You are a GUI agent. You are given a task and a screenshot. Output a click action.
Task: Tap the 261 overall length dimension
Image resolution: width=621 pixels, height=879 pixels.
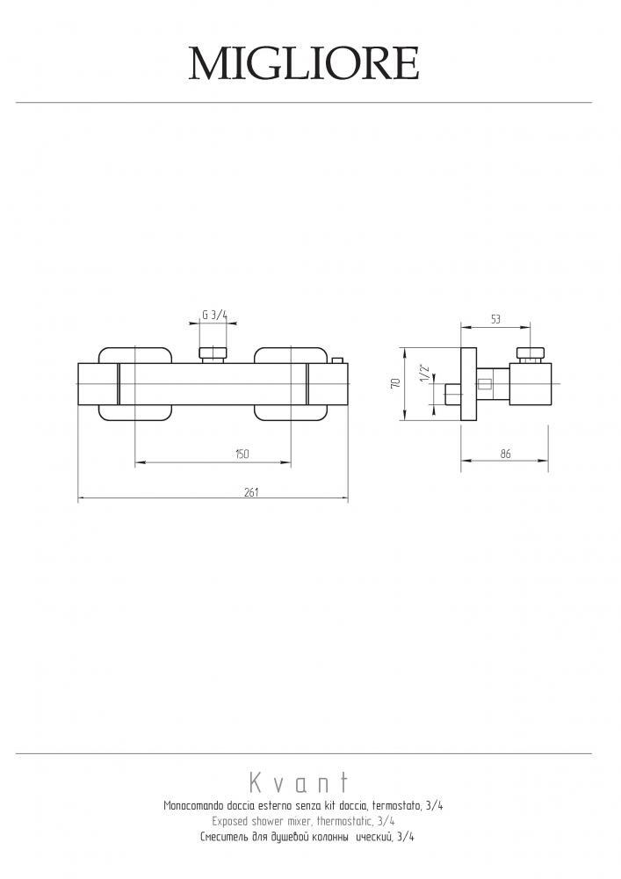tap(252, 492)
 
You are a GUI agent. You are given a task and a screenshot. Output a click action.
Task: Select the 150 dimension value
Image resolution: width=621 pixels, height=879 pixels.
tap(242, 454)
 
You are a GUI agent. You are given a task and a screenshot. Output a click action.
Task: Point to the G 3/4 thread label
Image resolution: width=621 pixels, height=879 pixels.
tap(215, 315)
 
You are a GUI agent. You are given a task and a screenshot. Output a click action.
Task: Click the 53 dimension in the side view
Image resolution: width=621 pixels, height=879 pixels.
tap(495, 320)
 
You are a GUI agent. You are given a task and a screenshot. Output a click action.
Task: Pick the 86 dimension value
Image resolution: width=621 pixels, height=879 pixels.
tap(505, 454)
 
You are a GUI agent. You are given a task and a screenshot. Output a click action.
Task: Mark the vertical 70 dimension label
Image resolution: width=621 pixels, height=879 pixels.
tap(396, 383)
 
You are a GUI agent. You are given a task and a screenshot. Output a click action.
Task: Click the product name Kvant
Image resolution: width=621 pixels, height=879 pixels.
tap(300, 781)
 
